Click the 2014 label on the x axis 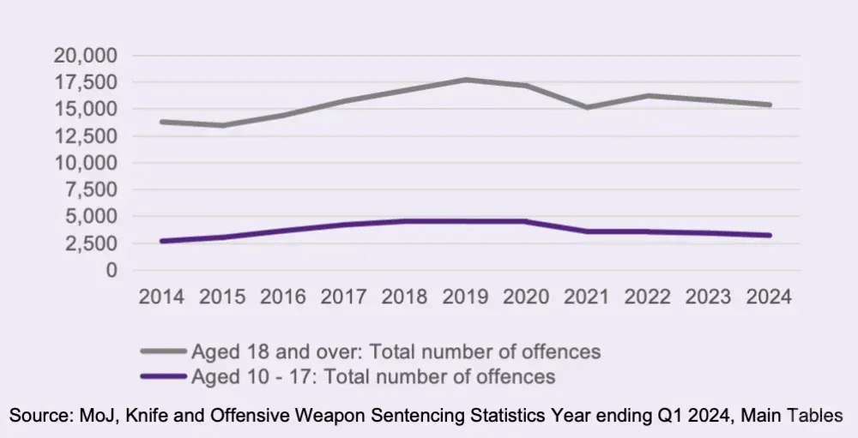tap(161, 297)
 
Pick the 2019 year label tap(466, 297)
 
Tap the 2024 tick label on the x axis tap(770, 297)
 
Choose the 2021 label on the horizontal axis tap(588, 297)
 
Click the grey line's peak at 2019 tap(466, 80)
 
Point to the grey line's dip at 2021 tap(588, 107)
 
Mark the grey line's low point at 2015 tap(222, 125)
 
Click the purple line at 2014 tap(161, 241)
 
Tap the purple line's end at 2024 tap(770, 235)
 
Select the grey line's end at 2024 tap(770, 105)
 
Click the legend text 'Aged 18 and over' tap(257, 351)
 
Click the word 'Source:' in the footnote tap(38, 416)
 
